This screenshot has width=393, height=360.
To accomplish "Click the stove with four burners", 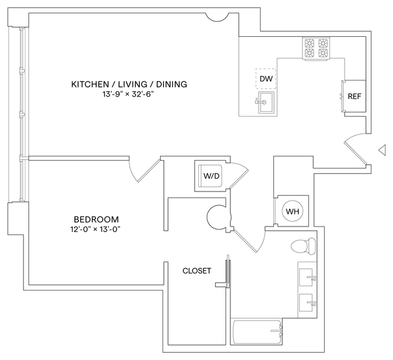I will point(317,48).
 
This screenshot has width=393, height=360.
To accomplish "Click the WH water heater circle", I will point(293,211).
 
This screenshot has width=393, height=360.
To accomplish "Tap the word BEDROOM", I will point(96,219).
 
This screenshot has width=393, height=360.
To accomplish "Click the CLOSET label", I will point(197,271).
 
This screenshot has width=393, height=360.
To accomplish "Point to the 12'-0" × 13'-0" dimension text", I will point(96,230).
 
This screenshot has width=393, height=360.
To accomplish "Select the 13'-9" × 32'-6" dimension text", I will point(129,94).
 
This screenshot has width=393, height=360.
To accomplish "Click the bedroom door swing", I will point(141,170).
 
